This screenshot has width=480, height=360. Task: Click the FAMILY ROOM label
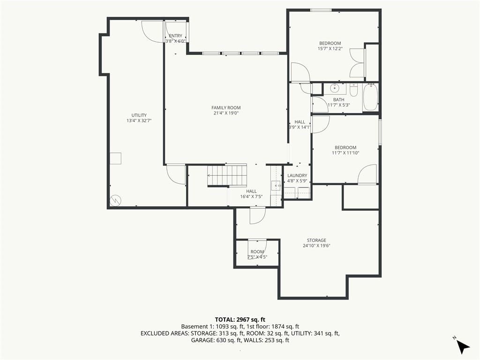click(226, 108)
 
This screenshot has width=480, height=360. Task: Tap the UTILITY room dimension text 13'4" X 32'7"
click(139, 120)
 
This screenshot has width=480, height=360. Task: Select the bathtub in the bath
click(370, 97)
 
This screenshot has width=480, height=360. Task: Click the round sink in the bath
click(335, 89)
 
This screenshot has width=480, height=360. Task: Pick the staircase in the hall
click(227, 175)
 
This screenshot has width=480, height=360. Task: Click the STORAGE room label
click(316, 240)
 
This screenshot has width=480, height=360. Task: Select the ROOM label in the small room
click(257, 252)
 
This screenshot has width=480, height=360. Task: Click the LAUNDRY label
click(297, 175)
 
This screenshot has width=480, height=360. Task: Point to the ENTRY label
click(175, 36)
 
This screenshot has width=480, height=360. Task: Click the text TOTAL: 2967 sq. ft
click(240, 320)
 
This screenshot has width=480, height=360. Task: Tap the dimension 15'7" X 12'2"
click(330, 48)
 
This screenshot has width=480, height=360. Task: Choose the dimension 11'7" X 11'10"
click(345, 153)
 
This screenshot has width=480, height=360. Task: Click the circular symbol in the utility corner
click(115, 201)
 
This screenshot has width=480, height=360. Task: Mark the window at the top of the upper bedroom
click(321, 10)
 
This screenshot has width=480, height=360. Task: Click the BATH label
click(338, 99)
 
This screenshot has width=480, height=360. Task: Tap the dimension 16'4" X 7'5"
click(251, 196)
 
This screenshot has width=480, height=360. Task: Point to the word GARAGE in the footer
click(201, 340)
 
